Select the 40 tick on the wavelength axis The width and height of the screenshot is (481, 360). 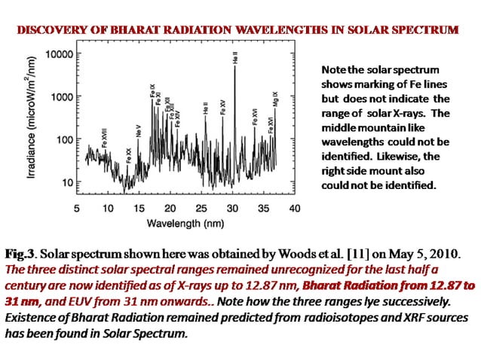tap(294, 207)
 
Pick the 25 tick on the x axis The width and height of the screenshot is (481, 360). tap(201, 207)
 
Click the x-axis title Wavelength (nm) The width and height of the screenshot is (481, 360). tap(185, 224)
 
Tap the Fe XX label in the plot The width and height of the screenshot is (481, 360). tap(129, 155)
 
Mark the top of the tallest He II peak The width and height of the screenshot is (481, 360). tap(234, 66)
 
